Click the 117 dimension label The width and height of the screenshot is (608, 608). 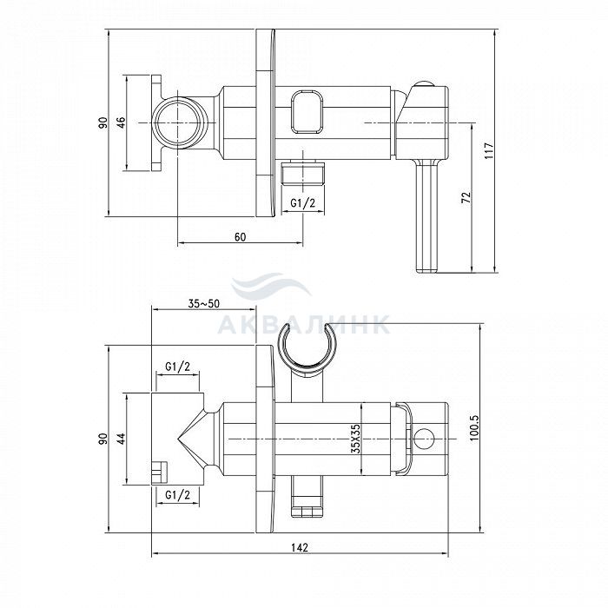488,150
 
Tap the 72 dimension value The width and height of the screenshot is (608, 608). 466,197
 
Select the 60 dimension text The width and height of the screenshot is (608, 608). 240,236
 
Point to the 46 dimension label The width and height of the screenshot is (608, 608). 122,122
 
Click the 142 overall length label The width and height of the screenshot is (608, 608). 300,547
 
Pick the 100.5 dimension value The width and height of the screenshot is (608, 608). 474,427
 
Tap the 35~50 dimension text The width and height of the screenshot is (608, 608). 203,304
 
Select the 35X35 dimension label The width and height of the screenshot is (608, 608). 355,439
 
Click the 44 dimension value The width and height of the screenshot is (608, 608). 122,439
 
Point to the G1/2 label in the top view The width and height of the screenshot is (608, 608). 303,203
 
